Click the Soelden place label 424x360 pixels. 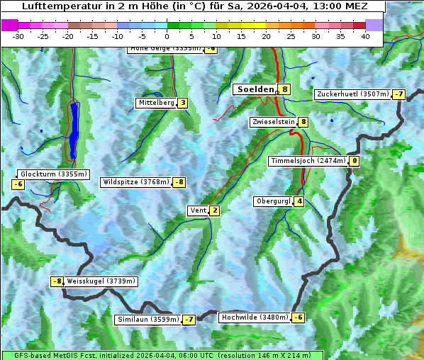tap(255, 89)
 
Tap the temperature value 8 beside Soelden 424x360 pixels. tap(284, 89)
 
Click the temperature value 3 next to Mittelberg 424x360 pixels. tap(183, 103)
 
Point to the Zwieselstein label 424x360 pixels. tap(274, 122)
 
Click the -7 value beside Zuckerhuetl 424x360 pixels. tap(398, 94)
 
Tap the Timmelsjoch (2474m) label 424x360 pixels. tap(308, 161)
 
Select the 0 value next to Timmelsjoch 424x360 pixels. tap(354, 161)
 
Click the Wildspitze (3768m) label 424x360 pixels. tap(136, 182)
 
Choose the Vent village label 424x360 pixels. tap(198, 210)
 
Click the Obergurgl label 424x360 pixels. tap(273, 201)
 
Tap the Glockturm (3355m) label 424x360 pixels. tap(54, 174)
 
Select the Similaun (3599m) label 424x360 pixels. tap(148, 320)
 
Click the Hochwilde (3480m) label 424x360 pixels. tap(255, 317)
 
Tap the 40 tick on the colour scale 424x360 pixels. tap(365, 36)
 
